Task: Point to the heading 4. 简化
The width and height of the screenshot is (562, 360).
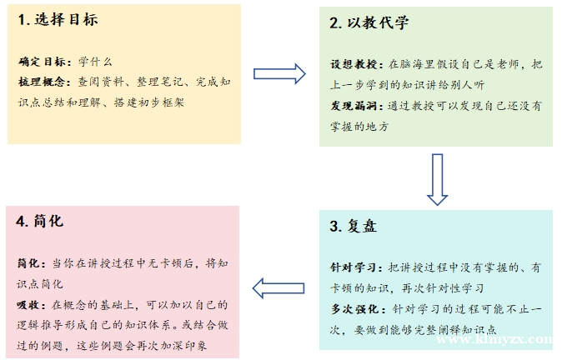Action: click(x=38, y=222)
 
